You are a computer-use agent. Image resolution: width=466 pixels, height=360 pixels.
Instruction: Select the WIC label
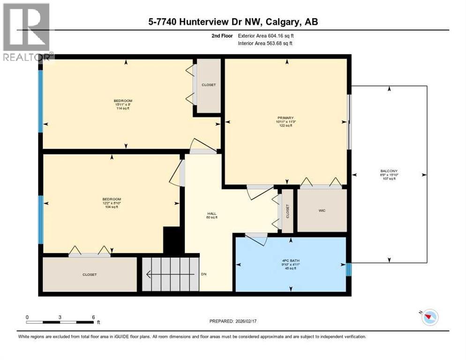click(322, 210)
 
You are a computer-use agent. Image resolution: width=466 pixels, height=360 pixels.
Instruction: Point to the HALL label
click(212, 213)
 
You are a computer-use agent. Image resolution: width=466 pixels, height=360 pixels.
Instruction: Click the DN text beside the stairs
click(203, 274)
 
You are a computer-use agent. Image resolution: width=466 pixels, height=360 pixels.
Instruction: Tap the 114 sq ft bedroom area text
click(122, 108)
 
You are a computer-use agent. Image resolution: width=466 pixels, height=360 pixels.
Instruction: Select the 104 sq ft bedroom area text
click(112, 207)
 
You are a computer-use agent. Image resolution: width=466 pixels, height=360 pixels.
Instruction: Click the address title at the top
click(233, 22)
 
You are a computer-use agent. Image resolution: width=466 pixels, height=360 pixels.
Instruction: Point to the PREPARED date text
click(233, 321)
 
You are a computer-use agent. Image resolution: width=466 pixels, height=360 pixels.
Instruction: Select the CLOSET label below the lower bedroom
click(89, 275)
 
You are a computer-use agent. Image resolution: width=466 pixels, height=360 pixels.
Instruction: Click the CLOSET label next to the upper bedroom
click(209, 85)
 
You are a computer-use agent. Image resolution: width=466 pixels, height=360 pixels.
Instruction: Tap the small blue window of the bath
click(348, 270)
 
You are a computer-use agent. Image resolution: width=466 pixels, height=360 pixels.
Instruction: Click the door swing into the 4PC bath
click(256, 239)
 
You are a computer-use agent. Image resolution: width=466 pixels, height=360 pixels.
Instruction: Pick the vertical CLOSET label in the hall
click(287, 211)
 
